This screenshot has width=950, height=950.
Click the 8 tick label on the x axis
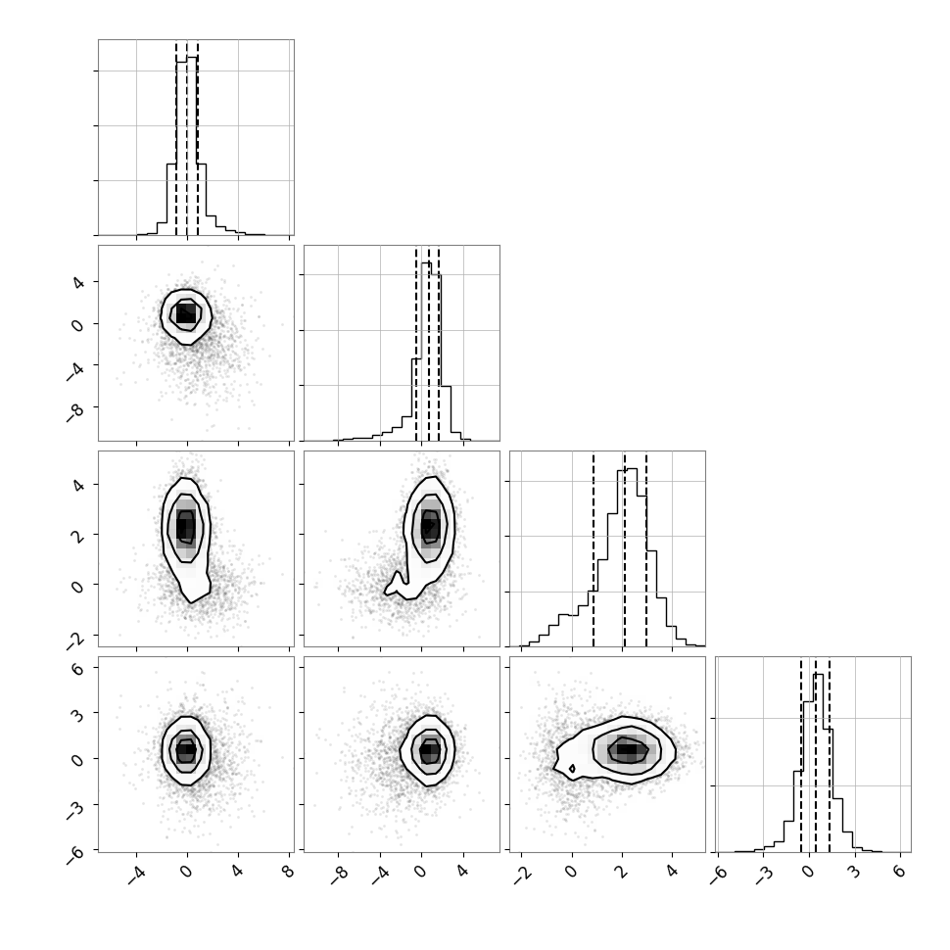[288, 872]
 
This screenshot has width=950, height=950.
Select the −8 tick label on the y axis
[74, 413]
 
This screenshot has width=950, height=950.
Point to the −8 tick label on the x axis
[339, 875]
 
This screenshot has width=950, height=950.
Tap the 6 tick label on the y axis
[77, 668]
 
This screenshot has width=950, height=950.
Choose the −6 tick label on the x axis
[718, 875]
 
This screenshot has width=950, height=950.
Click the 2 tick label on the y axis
[77, 535]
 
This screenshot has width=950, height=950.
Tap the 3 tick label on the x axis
[854, 872]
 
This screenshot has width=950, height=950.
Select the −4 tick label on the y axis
[74, 372]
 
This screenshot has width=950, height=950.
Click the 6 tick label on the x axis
[900, 872]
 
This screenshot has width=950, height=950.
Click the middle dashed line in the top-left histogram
[187, 138]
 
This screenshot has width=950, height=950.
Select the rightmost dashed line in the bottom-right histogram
[830, 755]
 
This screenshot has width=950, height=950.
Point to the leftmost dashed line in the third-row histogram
[594, 550]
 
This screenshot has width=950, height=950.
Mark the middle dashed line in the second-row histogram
[429, 344]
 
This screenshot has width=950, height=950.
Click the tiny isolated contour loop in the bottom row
[572, 768]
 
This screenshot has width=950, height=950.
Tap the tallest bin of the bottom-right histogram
[818, 763]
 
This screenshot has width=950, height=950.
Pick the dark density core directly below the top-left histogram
[186, 313]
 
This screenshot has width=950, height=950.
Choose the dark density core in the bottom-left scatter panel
[186, 750]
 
